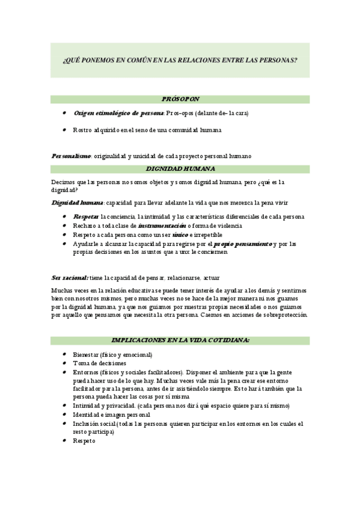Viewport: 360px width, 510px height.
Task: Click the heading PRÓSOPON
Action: [x=180, y=99]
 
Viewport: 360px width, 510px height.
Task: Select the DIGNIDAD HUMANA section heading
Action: [x=180, y=169]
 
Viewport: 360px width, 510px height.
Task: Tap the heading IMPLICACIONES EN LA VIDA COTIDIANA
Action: [x=180, y=340]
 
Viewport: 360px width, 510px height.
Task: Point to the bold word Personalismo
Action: [x=71, y=156]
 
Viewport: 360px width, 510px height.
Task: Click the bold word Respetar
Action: [x=86, y=217]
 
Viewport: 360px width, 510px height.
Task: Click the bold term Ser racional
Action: [x=70, y=278]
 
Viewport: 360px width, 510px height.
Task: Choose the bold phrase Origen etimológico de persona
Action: [x=118, y=113]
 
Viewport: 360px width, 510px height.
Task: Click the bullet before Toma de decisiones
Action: [x=65, y=363]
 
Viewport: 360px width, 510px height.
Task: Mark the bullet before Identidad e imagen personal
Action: [x=65, y=415]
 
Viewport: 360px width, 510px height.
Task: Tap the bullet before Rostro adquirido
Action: [x=65, y=130]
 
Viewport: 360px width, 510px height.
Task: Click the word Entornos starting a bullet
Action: [x=85, y=372]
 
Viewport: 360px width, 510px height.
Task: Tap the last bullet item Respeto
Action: [x=84, y=441]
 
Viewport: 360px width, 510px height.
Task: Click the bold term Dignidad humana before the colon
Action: [x=77, y=203]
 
